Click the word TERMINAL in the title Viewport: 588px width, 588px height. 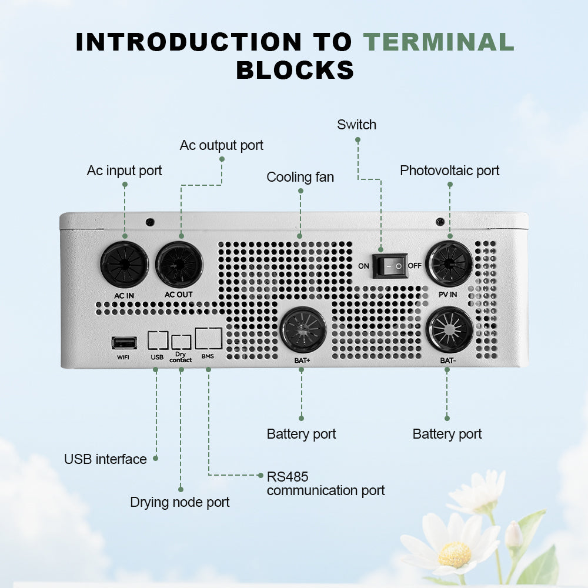(x=439, y=42)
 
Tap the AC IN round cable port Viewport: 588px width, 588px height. (x=124, y=265)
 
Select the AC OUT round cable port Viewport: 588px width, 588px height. (x=179, y=264)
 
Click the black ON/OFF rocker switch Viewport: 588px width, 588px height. (x=390, y=266)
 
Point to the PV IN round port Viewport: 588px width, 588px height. (x=449, y=263)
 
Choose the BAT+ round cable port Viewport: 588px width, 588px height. (x=303, y=330)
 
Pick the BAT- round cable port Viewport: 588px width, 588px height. (x=449, y=330)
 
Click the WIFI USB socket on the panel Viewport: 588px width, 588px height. (x=124, y=343)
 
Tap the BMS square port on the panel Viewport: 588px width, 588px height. (x=208, y=339)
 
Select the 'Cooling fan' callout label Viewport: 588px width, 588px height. (x=300, y=177)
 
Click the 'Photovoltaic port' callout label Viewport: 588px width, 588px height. (x=450, y=171)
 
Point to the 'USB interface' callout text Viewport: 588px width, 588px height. (x=105, y=459)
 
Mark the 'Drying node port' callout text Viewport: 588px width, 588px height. (x=179, y=502)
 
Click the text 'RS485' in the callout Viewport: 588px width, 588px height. (x=288, y=477)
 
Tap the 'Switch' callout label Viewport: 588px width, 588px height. (x=356, y=125)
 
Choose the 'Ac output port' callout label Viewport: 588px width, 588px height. (x=221, y=145)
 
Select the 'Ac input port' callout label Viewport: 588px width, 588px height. (x=124, y=171)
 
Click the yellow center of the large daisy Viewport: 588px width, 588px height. (x=455, y=554)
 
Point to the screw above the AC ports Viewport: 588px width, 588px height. (x=150, y=222)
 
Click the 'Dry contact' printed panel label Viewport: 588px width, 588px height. (x=181, y=357)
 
